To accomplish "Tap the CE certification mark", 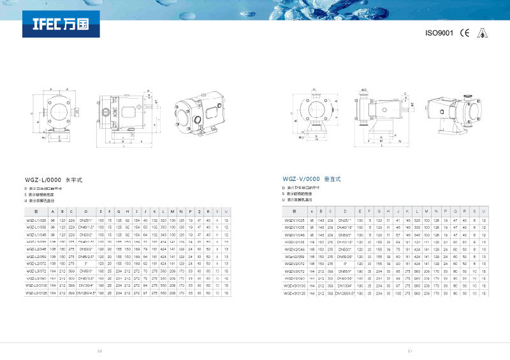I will coord(465,33).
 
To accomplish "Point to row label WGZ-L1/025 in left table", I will coord(36,220).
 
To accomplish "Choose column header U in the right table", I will coord(484,210).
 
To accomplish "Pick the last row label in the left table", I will coord(36,293).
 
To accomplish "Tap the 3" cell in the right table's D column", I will coord(345,262).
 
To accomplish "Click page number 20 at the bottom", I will coord(99,350).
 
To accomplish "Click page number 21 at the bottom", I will coord(411,350).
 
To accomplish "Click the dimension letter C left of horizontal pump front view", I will coord(31,113).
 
